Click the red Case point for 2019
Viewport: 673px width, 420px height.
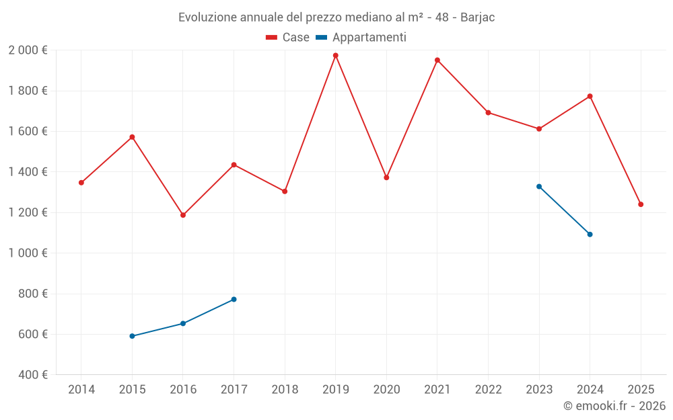coord(335,55)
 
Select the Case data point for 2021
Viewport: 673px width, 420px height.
coord(437,60)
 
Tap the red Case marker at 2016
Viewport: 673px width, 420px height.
coord(183,215)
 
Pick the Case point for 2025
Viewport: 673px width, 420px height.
coord(641,204)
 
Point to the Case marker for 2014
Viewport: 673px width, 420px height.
coord(81,183)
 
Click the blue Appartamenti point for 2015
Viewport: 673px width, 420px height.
coord(132,336)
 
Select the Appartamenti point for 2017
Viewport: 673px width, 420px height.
coord(234,299)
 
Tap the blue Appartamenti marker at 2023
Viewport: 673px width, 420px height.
coord(539,186)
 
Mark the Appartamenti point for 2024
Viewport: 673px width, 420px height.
coord(590,235)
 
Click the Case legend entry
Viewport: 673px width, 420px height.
coord(287,38)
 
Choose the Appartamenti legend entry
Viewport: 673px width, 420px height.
coord(361,38)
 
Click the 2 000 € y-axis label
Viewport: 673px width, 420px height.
coord(28,50)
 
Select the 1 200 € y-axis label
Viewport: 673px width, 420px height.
coord(28,212)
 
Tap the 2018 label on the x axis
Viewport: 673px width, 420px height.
coord(285,389)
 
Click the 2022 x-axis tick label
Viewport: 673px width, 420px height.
coord(488,389)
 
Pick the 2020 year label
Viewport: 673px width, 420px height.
coord(386,389)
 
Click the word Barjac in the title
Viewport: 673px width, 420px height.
coord(477,17)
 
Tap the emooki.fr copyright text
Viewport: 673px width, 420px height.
coord(614,406)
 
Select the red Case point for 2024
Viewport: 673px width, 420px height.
coord(590,96)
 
